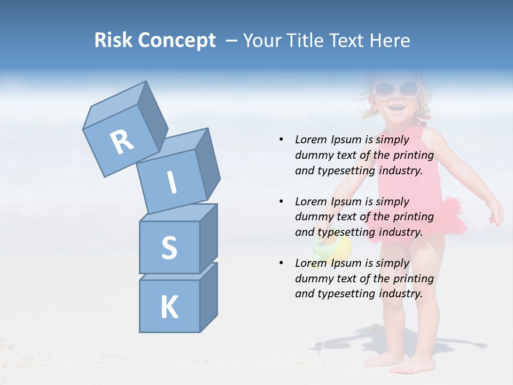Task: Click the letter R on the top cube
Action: [122, 142]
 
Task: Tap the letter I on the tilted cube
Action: [172, 183]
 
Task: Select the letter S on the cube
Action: [169, 248]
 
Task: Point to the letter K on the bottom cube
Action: [169, 307]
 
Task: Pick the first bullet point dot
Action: [281, 140]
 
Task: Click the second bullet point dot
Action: [281, 202]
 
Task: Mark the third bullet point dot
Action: [281, 263]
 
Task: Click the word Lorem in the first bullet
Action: [310, 140]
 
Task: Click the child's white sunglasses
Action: [395, 88]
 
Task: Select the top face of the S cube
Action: [178, 212]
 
